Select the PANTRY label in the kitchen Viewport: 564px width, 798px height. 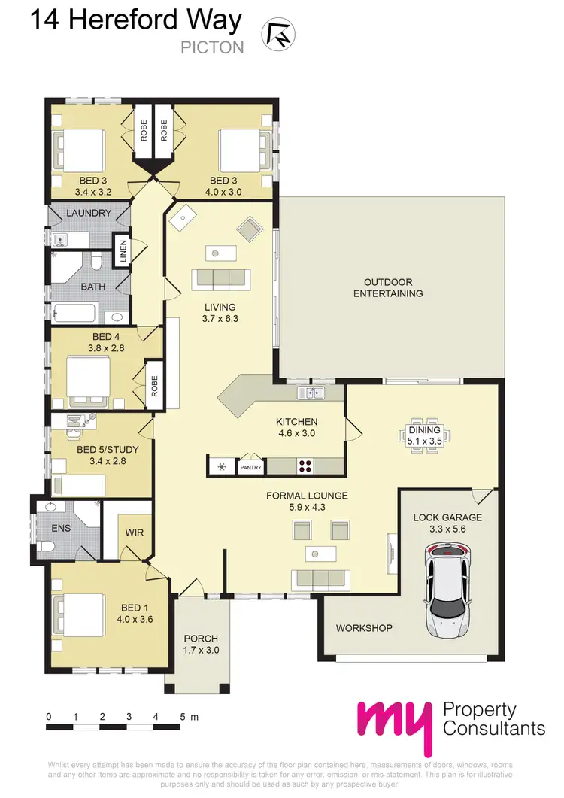250,467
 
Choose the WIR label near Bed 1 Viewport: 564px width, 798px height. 135,533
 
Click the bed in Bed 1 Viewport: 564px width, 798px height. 77,614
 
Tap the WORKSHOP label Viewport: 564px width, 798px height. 364,628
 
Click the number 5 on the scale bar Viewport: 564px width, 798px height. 182,717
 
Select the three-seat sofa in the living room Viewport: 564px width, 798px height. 222,279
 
